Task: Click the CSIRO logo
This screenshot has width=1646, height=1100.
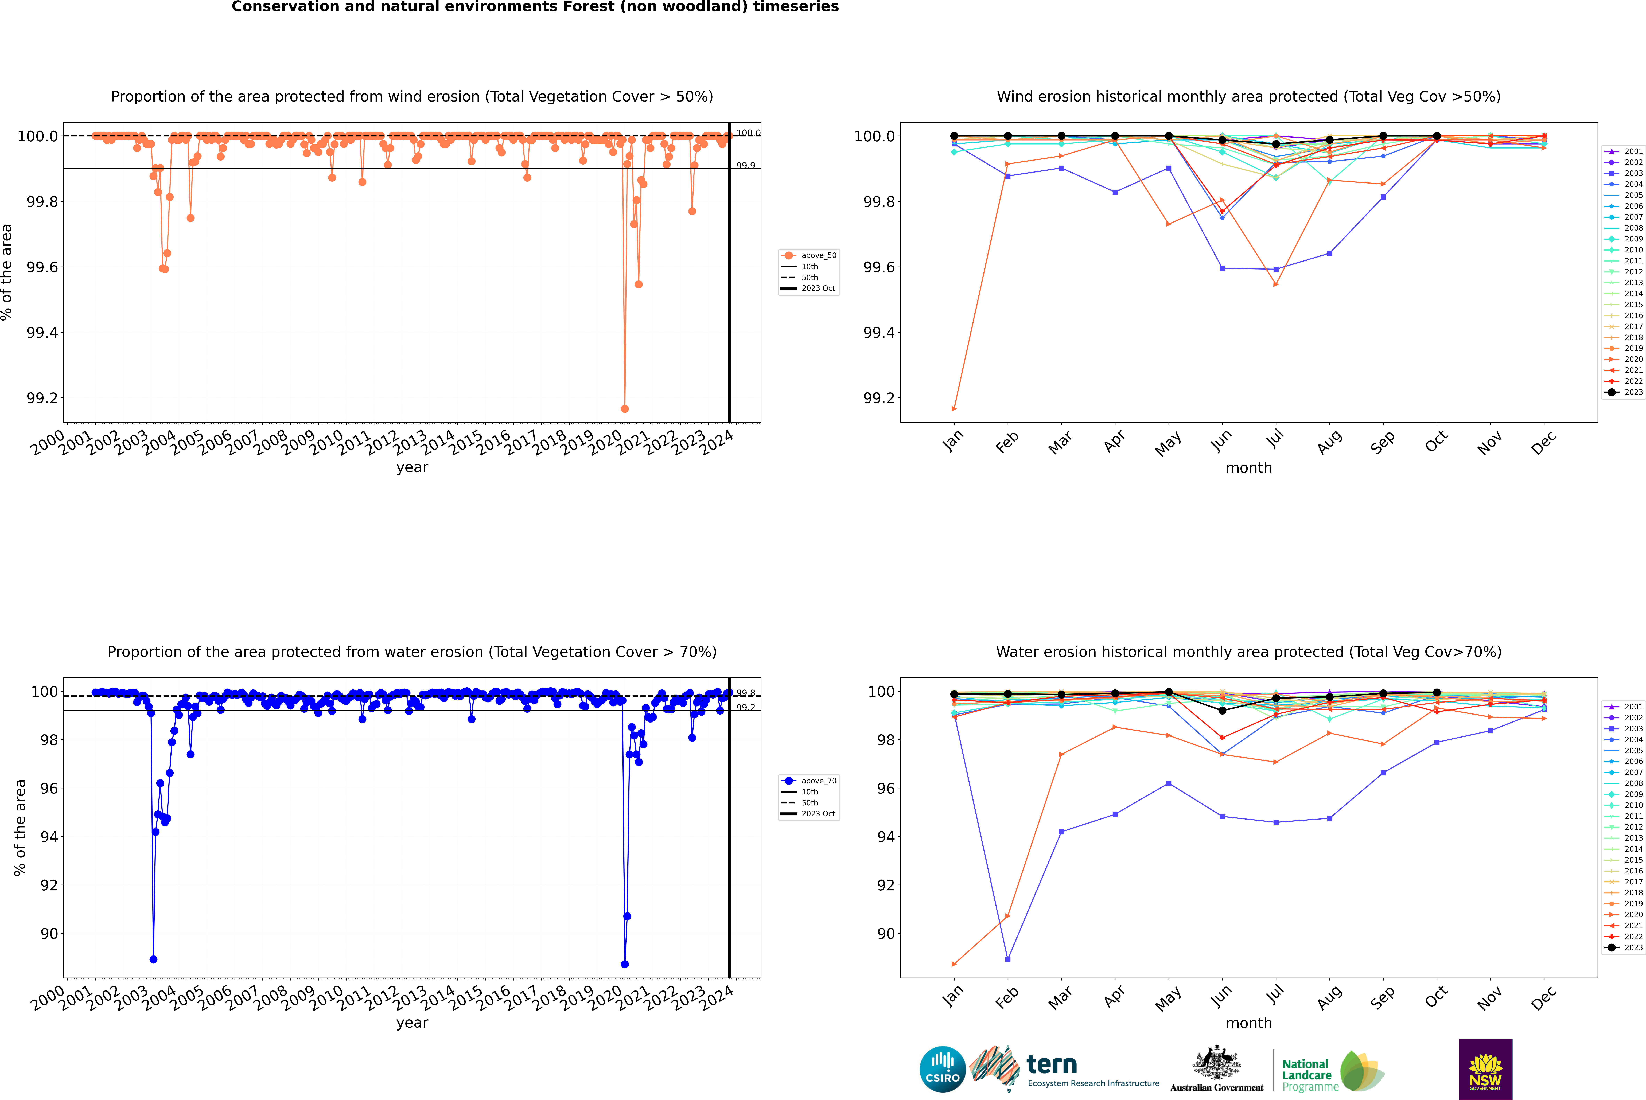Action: pos(942,1069)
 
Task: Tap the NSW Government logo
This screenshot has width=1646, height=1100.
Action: pos(1485,1069)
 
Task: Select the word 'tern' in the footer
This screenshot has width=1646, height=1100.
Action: pos(1051,1064)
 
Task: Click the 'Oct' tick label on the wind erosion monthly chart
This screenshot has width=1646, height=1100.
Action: pos(1435,442)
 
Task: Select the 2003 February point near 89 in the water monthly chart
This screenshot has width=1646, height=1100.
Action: pos(1007,959)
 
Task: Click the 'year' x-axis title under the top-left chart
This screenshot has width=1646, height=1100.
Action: pos(412,467)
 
